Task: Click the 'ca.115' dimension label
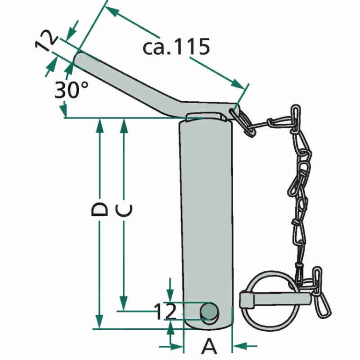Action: pos(176,47)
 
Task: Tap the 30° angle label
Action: pos(71,90)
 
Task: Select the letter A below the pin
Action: pos(209,346)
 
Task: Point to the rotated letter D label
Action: pos(99,209)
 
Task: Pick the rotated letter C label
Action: pos(124,211)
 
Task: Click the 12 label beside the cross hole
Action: pos(166,312)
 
